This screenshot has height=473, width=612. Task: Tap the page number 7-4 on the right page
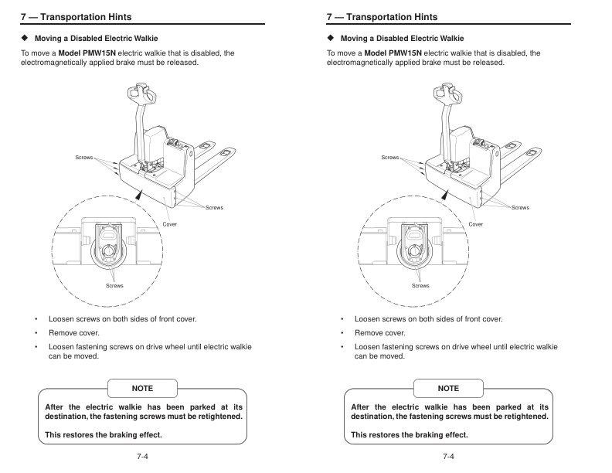click(448, 457)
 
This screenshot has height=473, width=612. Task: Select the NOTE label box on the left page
click(142, 388)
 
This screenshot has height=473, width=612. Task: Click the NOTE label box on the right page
click(448, 388)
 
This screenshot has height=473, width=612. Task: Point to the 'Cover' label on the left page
click(170, 224)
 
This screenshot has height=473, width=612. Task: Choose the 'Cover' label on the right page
click(476, 224)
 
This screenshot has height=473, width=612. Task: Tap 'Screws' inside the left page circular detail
click(114, 286)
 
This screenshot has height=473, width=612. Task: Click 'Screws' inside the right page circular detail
click(420, 286)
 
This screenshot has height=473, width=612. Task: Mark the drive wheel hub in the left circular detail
click(108, 252)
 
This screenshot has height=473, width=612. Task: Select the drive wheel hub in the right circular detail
click(414, 252)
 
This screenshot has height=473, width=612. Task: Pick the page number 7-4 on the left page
click(142, 457)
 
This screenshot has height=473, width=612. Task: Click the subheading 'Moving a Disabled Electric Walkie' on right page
click(402, 38)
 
